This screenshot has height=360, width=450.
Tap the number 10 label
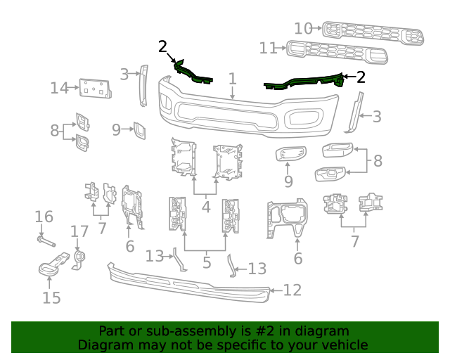pyautogui.click(x=303, y=28)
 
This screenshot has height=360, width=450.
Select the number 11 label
pyautogui.click(x=269, y=49)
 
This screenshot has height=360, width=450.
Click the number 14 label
pyautogui.click(x=59, y=88)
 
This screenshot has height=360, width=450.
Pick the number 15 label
pyautogui.click(x=51, y=297)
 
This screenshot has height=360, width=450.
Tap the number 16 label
pyautogui.click(x=44, y=217)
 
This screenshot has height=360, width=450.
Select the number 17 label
pyautogui.click(x=79, y=231)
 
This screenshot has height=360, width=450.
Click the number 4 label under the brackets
pyautogui.click(x=205, y=207)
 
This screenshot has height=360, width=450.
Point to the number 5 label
pyautogui.click(x=206, y=263)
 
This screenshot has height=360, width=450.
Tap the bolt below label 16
pyautogui.click(x=45, y=243)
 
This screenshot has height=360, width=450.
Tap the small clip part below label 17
pyautogui.click(x=79, y=259)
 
